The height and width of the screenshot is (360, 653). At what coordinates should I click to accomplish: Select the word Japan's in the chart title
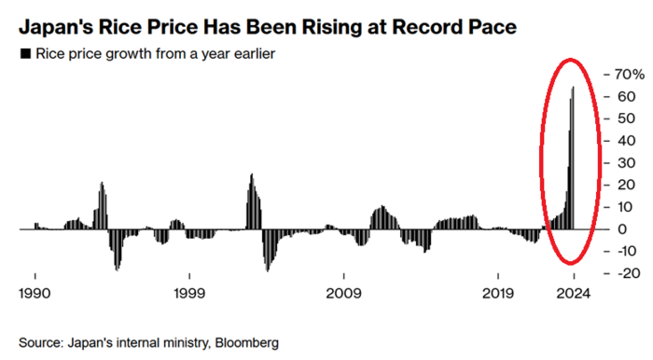coord(55,21)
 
